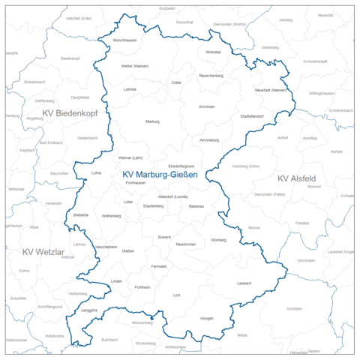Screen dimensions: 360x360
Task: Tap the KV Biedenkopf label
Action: click(71, 113)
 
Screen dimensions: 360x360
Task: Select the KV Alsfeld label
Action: click(296, 178)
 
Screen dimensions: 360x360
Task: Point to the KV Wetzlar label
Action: click(45, 252)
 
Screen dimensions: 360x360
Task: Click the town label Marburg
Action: click(152, 121)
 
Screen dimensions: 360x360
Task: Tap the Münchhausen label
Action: click(124, 40)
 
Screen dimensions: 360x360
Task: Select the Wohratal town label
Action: click(213, 52)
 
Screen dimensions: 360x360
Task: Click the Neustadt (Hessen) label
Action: click(271, 90)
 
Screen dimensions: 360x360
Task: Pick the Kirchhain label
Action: click(207, 106)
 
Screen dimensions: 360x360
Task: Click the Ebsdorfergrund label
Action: click(181, 166)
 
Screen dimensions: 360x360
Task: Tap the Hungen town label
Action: click(186, 319)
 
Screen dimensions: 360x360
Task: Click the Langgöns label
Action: click(88, 309)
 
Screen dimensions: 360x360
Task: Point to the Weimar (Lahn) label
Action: click(130, 158)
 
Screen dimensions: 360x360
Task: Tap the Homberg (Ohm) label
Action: click(246, 166)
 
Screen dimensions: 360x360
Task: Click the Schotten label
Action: click(294, 309)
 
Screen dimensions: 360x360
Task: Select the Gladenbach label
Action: click(87, 138)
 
